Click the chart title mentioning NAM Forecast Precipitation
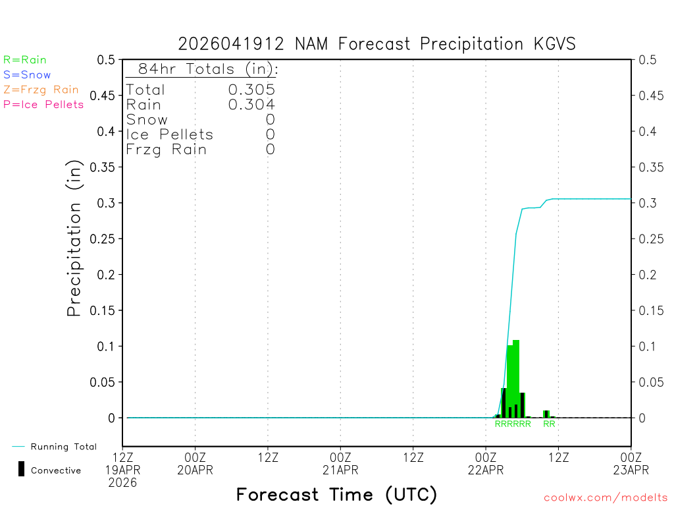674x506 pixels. pos(376,44)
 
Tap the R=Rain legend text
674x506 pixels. pos(25,60)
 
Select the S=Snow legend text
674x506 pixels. pos(27,75)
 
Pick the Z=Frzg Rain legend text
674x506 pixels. pos(41,90)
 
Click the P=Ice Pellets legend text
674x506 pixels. pos(43,104)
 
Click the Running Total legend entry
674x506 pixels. pos(63,447)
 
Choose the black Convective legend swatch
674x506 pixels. pos(22,469)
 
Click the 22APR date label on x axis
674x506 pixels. pos(486,470)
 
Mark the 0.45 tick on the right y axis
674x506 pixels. pos(651,96)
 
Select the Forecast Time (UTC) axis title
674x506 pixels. pos(336,494)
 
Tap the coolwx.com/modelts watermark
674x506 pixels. pos(606,497)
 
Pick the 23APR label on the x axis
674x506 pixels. pos(631,470)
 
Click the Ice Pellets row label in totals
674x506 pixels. pos(170,134)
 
